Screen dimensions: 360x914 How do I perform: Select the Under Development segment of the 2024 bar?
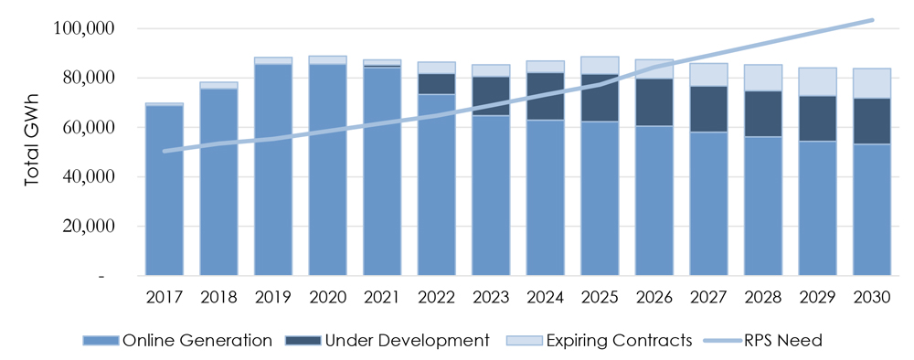coord(546,96)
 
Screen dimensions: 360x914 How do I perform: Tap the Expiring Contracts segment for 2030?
coord(872,83)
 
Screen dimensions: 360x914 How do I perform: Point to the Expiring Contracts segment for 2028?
coord(763,78)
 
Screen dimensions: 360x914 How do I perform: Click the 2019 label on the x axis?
coord(273,297)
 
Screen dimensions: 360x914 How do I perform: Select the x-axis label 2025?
coord(600,297)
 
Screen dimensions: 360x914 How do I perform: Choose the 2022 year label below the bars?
coord(436,297)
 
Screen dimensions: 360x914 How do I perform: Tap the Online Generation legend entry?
coord(177,341)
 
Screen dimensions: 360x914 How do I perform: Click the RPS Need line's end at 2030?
coord(872,19)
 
